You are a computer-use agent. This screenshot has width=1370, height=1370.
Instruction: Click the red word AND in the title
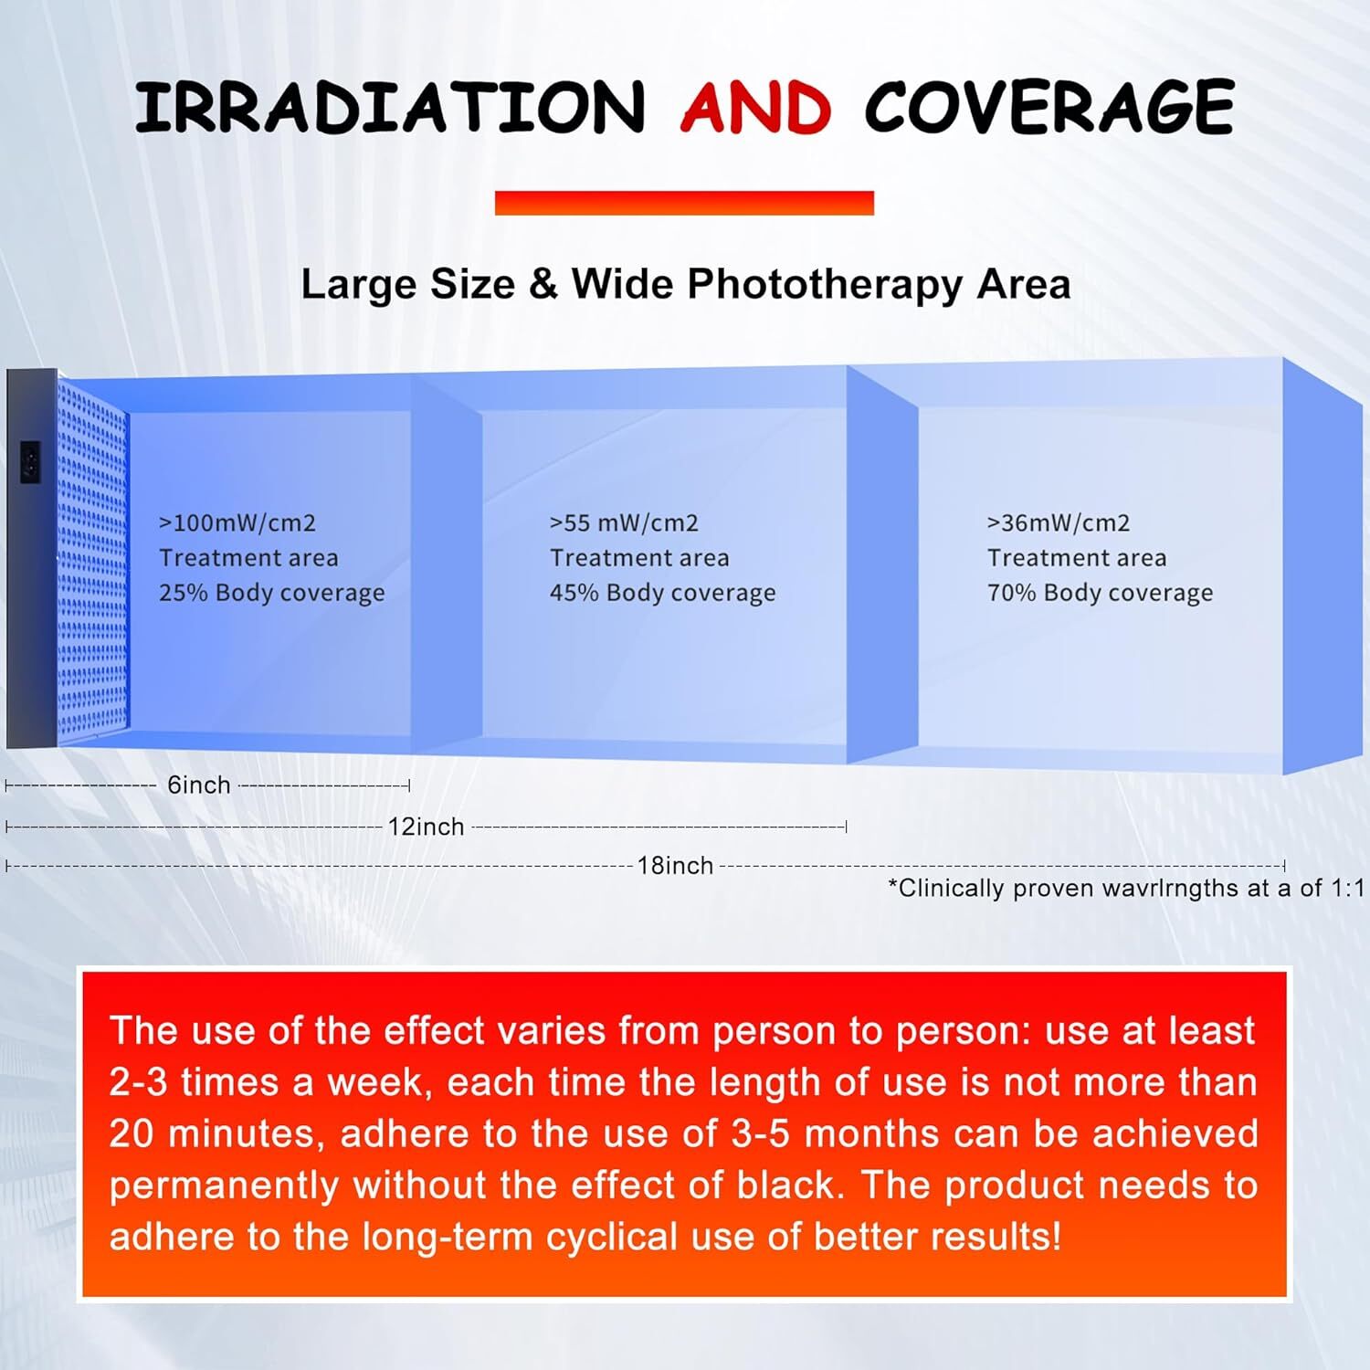coord(755,107)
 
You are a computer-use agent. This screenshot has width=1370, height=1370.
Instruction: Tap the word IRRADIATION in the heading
coord(390,107)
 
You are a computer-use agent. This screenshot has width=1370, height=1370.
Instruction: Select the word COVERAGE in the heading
coord(1049,107)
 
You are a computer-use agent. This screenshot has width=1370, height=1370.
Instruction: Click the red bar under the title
coord(684,203)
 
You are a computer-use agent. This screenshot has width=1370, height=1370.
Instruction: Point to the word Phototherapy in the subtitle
coord(825,285)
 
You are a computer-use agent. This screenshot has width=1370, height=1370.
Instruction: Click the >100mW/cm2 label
coord(237,523)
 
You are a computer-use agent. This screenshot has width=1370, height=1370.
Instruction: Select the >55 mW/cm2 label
coord(624,523)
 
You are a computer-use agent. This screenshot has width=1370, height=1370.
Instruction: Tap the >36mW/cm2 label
coord(1059,523)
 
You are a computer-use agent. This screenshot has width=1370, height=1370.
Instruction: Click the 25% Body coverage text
coord(272,594)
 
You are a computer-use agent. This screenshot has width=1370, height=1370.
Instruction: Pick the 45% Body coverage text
coord(662,594)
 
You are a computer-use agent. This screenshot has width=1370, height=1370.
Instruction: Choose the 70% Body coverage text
coord(1100,594)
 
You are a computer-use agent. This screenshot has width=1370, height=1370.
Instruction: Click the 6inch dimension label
coord(198,785)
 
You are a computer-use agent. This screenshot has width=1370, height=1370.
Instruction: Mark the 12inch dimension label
coord(426,827)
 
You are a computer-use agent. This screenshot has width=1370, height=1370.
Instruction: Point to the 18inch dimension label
coord(675,866)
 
